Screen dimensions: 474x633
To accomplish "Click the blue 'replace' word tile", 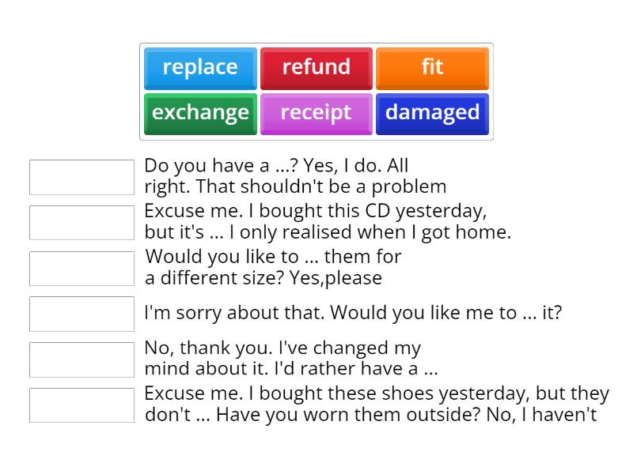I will (x=200, y=67).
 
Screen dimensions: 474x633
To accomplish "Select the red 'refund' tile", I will (x=316, y=67).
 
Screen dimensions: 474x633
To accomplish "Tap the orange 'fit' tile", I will (x=432, y=67).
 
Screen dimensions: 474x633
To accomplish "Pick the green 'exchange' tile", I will (x=200, y=113).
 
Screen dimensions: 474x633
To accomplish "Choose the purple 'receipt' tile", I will (x=316, y=113).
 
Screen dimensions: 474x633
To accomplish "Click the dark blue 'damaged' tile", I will (x=432, y=113).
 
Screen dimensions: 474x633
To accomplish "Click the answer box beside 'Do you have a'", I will (x=81, y=177).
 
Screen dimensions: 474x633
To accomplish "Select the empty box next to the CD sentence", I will (x=81, y=223).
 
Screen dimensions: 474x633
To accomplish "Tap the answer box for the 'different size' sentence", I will (x=81, y=269).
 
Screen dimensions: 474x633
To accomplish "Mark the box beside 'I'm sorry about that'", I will (x=81, y=314).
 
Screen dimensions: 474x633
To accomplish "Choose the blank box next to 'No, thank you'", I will (x=81, y=359).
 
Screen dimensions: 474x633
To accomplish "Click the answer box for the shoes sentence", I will (x=81, y=405).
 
